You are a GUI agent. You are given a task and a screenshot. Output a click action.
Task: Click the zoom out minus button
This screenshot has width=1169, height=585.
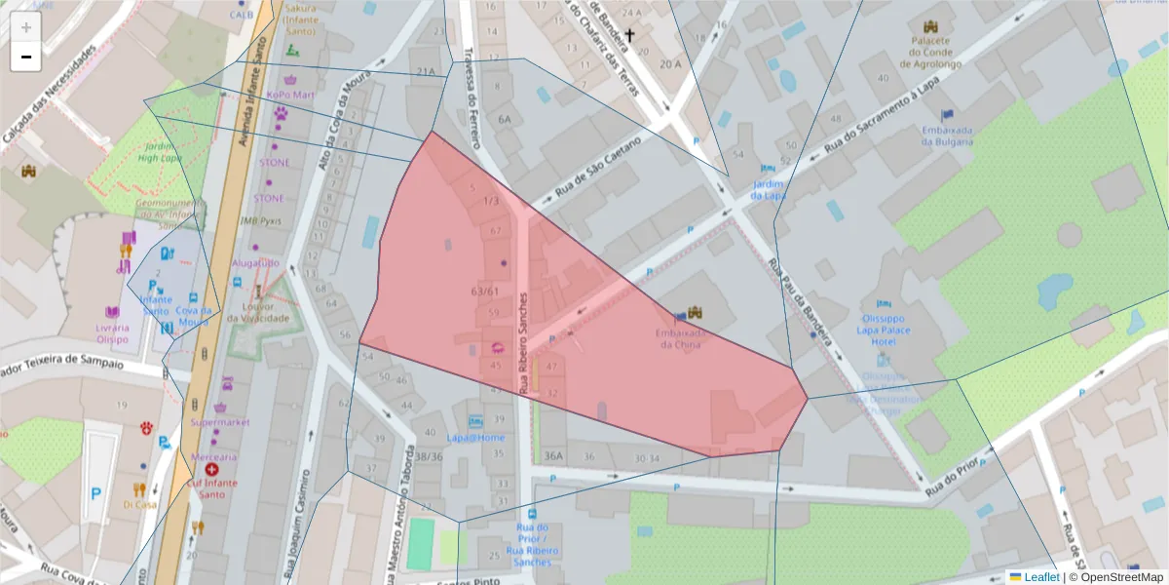click(26, 58)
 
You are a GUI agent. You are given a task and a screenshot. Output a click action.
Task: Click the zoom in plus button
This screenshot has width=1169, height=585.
click(26, 27)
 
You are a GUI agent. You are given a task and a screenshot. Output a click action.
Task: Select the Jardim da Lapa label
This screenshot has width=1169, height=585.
click(768, 189)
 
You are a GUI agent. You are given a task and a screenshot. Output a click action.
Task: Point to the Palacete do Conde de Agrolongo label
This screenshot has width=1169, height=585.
click(929, 53)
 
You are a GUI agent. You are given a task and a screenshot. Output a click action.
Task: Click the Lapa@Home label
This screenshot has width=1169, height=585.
click(475, 438)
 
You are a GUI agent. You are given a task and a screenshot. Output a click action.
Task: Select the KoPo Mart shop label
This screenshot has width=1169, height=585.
click(290, 95)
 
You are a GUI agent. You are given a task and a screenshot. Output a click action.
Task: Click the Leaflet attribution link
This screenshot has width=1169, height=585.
click(1041, 577)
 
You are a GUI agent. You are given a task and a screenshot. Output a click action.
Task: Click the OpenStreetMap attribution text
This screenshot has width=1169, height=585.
click(1115, 577)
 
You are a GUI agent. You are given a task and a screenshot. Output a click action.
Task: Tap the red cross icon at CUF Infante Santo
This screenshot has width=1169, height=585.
click(211, 470)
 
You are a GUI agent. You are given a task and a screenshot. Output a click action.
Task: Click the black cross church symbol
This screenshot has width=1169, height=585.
click(630, 37)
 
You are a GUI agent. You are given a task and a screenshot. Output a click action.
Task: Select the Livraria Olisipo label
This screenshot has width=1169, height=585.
click(112, 333)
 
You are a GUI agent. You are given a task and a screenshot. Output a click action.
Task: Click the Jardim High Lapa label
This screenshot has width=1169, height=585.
click(158, 152)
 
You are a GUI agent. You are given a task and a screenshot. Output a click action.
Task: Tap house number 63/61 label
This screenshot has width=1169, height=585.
click(484, 292)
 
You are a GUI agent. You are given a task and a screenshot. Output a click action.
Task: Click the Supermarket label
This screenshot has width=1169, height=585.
click(220, 422)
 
